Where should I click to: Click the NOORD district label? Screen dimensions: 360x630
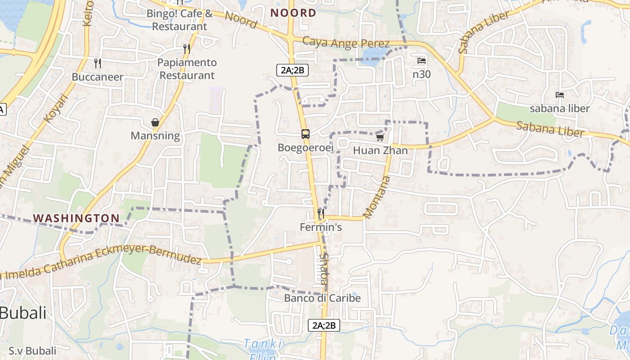click(293, 13)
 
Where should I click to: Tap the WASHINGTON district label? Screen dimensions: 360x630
click(76, 218)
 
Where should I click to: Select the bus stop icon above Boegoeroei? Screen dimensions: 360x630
click(306, 134)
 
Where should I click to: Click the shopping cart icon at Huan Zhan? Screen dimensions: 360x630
click(380, 137)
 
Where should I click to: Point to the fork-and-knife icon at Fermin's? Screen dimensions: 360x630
click(320, 213)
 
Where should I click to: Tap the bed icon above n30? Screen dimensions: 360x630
click(422, 61)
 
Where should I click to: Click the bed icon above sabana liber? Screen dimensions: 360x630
click(560, 95)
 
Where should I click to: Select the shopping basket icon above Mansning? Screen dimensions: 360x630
click(155, 122)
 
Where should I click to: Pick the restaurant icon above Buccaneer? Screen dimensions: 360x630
click(97, 63)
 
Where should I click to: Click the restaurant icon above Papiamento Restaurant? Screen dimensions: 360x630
click(187, 49)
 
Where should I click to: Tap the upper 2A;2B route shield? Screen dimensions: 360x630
click(292, 70)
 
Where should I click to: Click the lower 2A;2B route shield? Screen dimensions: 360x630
click(324, 325)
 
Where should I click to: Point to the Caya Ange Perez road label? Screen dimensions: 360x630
click(346, 43)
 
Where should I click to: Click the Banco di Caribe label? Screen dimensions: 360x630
click(322, 298)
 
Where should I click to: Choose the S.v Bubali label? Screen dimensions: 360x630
click(32, 351)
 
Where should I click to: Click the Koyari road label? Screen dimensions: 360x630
click(55, 108)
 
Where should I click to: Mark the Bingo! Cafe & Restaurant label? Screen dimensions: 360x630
click(180, 20)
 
